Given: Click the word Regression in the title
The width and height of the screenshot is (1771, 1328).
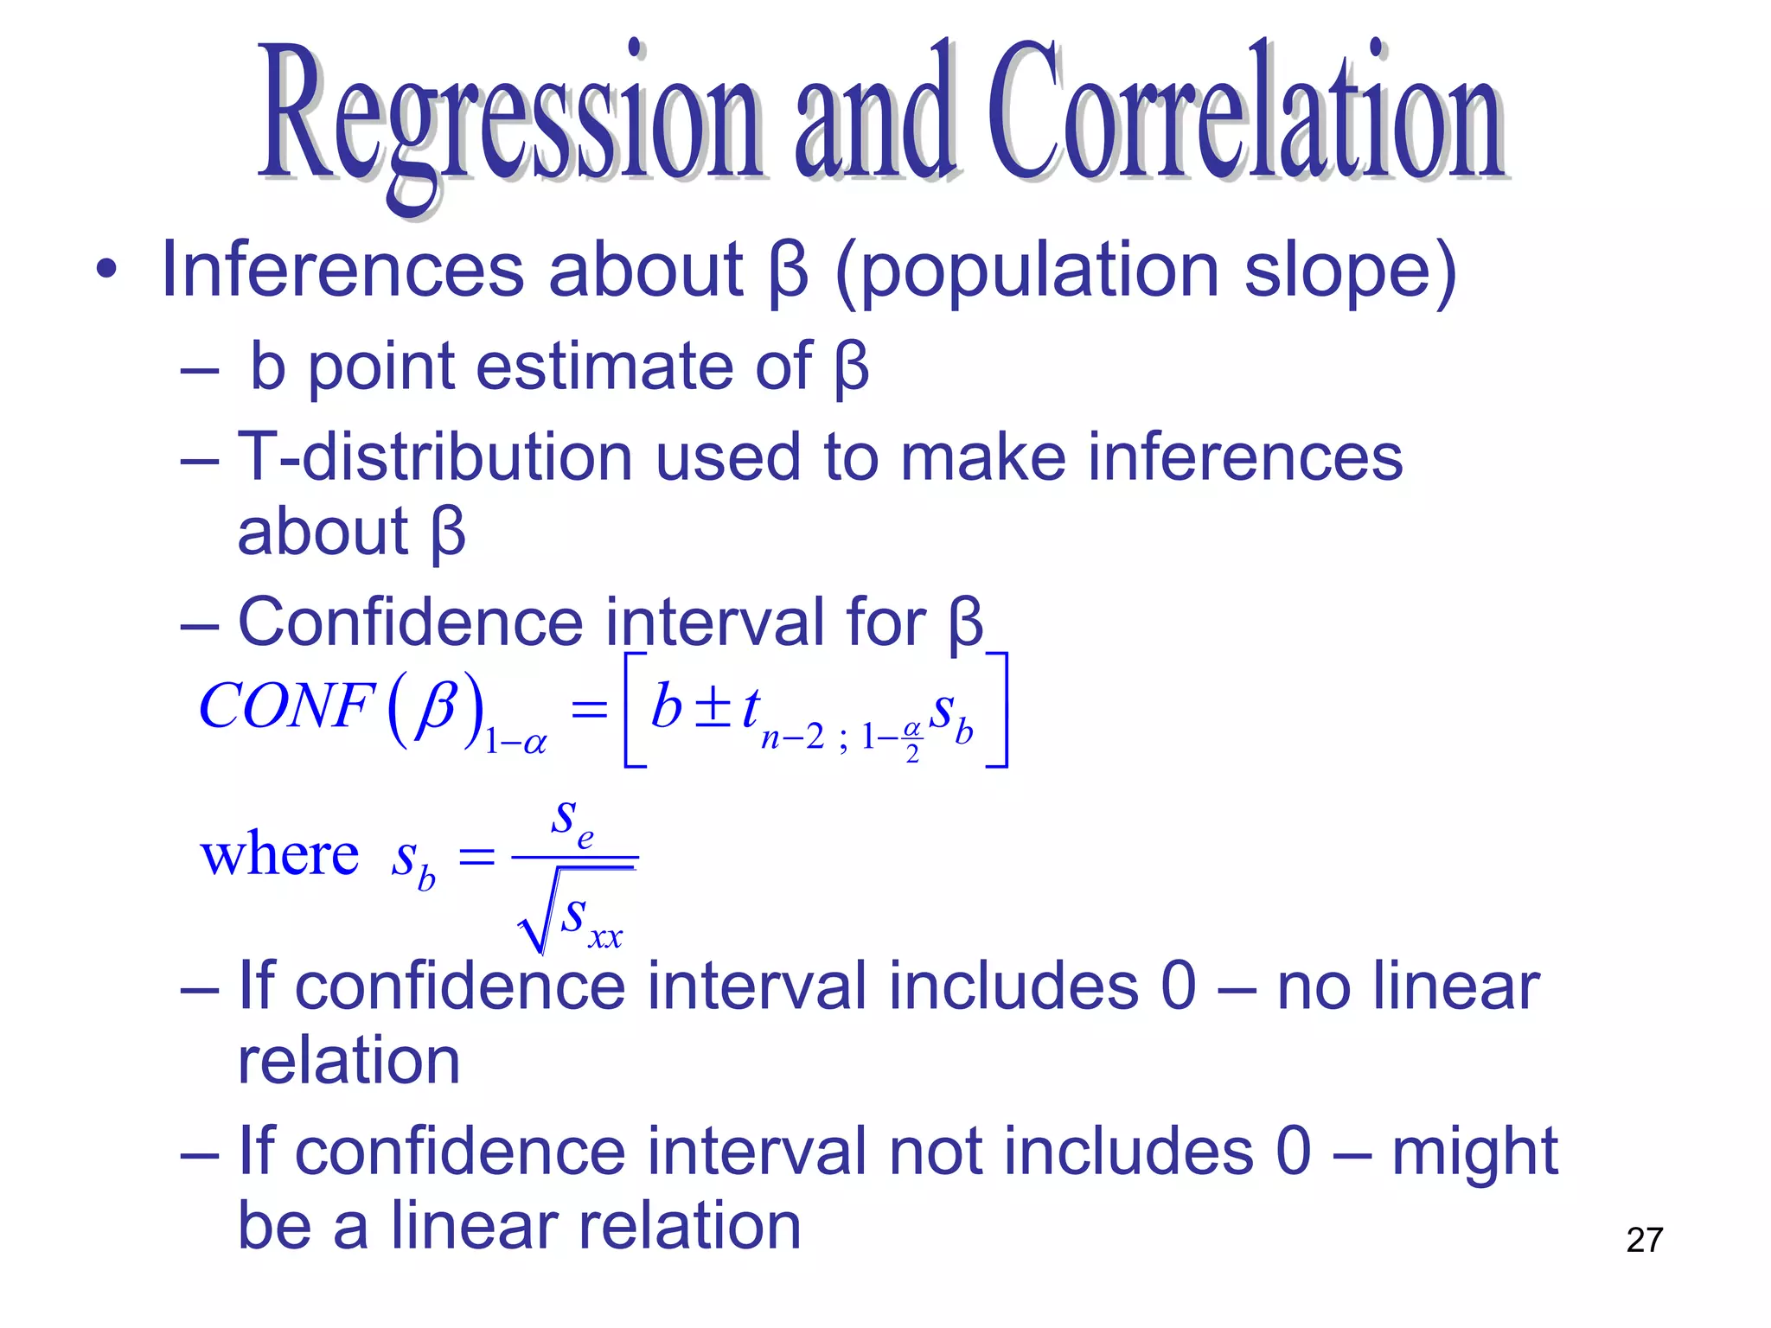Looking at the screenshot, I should click(510, 117).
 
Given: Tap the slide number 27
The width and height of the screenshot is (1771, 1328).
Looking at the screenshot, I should click(1644, 1240).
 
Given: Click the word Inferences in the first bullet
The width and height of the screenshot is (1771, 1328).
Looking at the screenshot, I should click(342, 270).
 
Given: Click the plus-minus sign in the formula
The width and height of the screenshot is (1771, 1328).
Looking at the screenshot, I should click(713, 708).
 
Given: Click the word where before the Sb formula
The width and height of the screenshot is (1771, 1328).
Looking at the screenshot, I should click(279, 855).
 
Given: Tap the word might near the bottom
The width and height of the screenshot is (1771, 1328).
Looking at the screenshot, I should click(1474, 1153).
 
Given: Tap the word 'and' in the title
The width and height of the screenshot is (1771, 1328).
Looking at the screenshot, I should click(874, 117).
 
